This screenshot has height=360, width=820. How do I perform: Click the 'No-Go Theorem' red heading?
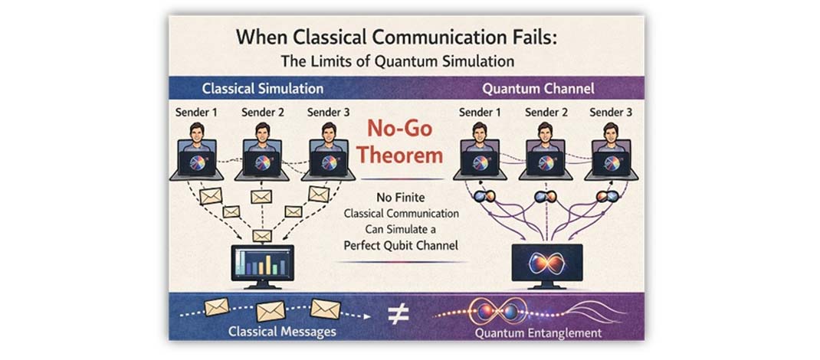(x=401, y=142)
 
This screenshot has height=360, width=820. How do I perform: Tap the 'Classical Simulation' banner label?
(x=263, y=88)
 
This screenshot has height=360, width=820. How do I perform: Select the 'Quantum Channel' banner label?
(x=538, y=88)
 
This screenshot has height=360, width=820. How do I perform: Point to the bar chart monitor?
(x=263, y=266)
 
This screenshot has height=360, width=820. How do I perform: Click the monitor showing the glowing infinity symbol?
(x=546, y=266)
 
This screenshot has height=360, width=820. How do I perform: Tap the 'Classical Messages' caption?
(x=282, y=332)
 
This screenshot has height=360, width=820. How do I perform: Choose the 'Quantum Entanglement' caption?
(x=538, y=333)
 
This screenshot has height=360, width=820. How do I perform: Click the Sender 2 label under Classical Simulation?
(x=263, y=112)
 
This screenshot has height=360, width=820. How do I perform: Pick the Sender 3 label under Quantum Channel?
(x=607, y=112)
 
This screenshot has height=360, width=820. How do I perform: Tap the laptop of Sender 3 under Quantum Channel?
(x=612, y=160)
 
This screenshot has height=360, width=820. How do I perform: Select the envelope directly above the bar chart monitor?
(x=262, y=236)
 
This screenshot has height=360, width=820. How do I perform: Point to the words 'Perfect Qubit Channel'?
(x=401, y=244)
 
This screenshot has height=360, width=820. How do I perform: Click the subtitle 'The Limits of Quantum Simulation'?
(x=398, y=61)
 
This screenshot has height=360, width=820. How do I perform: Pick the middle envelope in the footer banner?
(x=271, y=311)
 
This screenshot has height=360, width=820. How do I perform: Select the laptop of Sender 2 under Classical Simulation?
(x=263, y=160)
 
